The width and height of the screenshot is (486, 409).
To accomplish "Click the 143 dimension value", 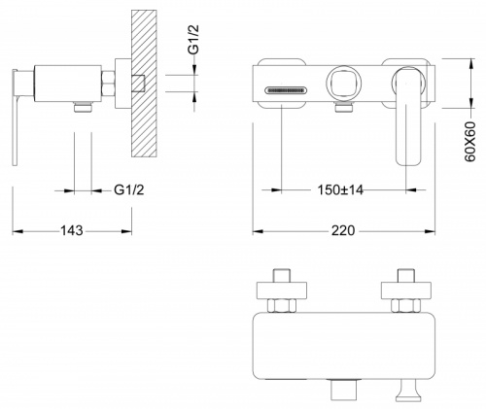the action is click(x=72, y=231).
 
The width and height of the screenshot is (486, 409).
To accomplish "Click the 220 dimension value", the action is click(x=343, y=231).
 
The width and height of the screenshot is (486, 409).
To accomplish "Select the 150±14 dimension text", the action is click(x=340, y=190).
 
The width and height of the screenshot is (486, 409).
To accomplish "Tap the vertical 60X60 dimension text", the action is click(x=469, y=142).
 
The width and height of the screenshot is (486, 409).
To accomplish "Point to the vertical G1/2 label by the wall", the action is click(x=193, y=40).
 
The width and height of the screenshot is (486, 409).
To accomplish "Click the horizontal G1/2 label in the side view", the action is click(x=129, y=190).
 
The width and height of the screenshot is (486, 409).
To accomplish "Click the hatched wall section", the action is click(x=144, y=84).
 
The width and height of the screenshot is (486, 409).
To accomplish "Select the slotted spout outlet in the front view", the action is click(x=285, y=90).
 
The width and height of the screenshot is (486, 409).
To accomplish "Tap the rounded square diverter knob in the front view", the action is click(x=343, y=82).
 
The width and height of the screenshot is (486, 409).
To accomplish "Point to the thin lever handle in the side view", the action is click(x=15, y=118).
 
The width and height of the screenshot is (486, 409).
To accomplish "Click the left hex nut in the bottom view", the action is click(x=282, y=306).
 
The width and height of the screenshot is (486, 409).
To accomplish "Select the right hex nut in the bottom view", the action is click(x=406, y=306).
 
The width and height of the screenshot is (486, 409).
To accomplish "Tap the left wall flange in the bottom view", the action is click(x=282, y=290).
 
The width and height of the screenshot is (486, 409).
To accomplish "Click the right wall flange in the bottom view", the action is click(x=406, y=290).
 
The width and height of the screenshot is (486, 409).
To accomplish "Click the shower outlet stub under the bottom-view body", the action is click(x=344, y=391).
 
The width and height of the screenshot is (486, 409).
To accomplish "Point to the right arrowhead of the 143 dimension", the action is click(x=126, y=231).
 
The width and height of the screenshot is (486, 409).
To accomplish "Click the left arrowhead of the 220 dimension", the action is click(x=258, y=231).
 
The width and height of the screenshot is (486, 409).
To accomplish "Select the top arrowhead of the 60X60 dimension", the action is click(x=470, y=63).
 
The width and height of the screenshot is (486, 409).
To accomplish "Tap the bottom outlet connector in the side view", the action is click(x=84, y=107).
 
